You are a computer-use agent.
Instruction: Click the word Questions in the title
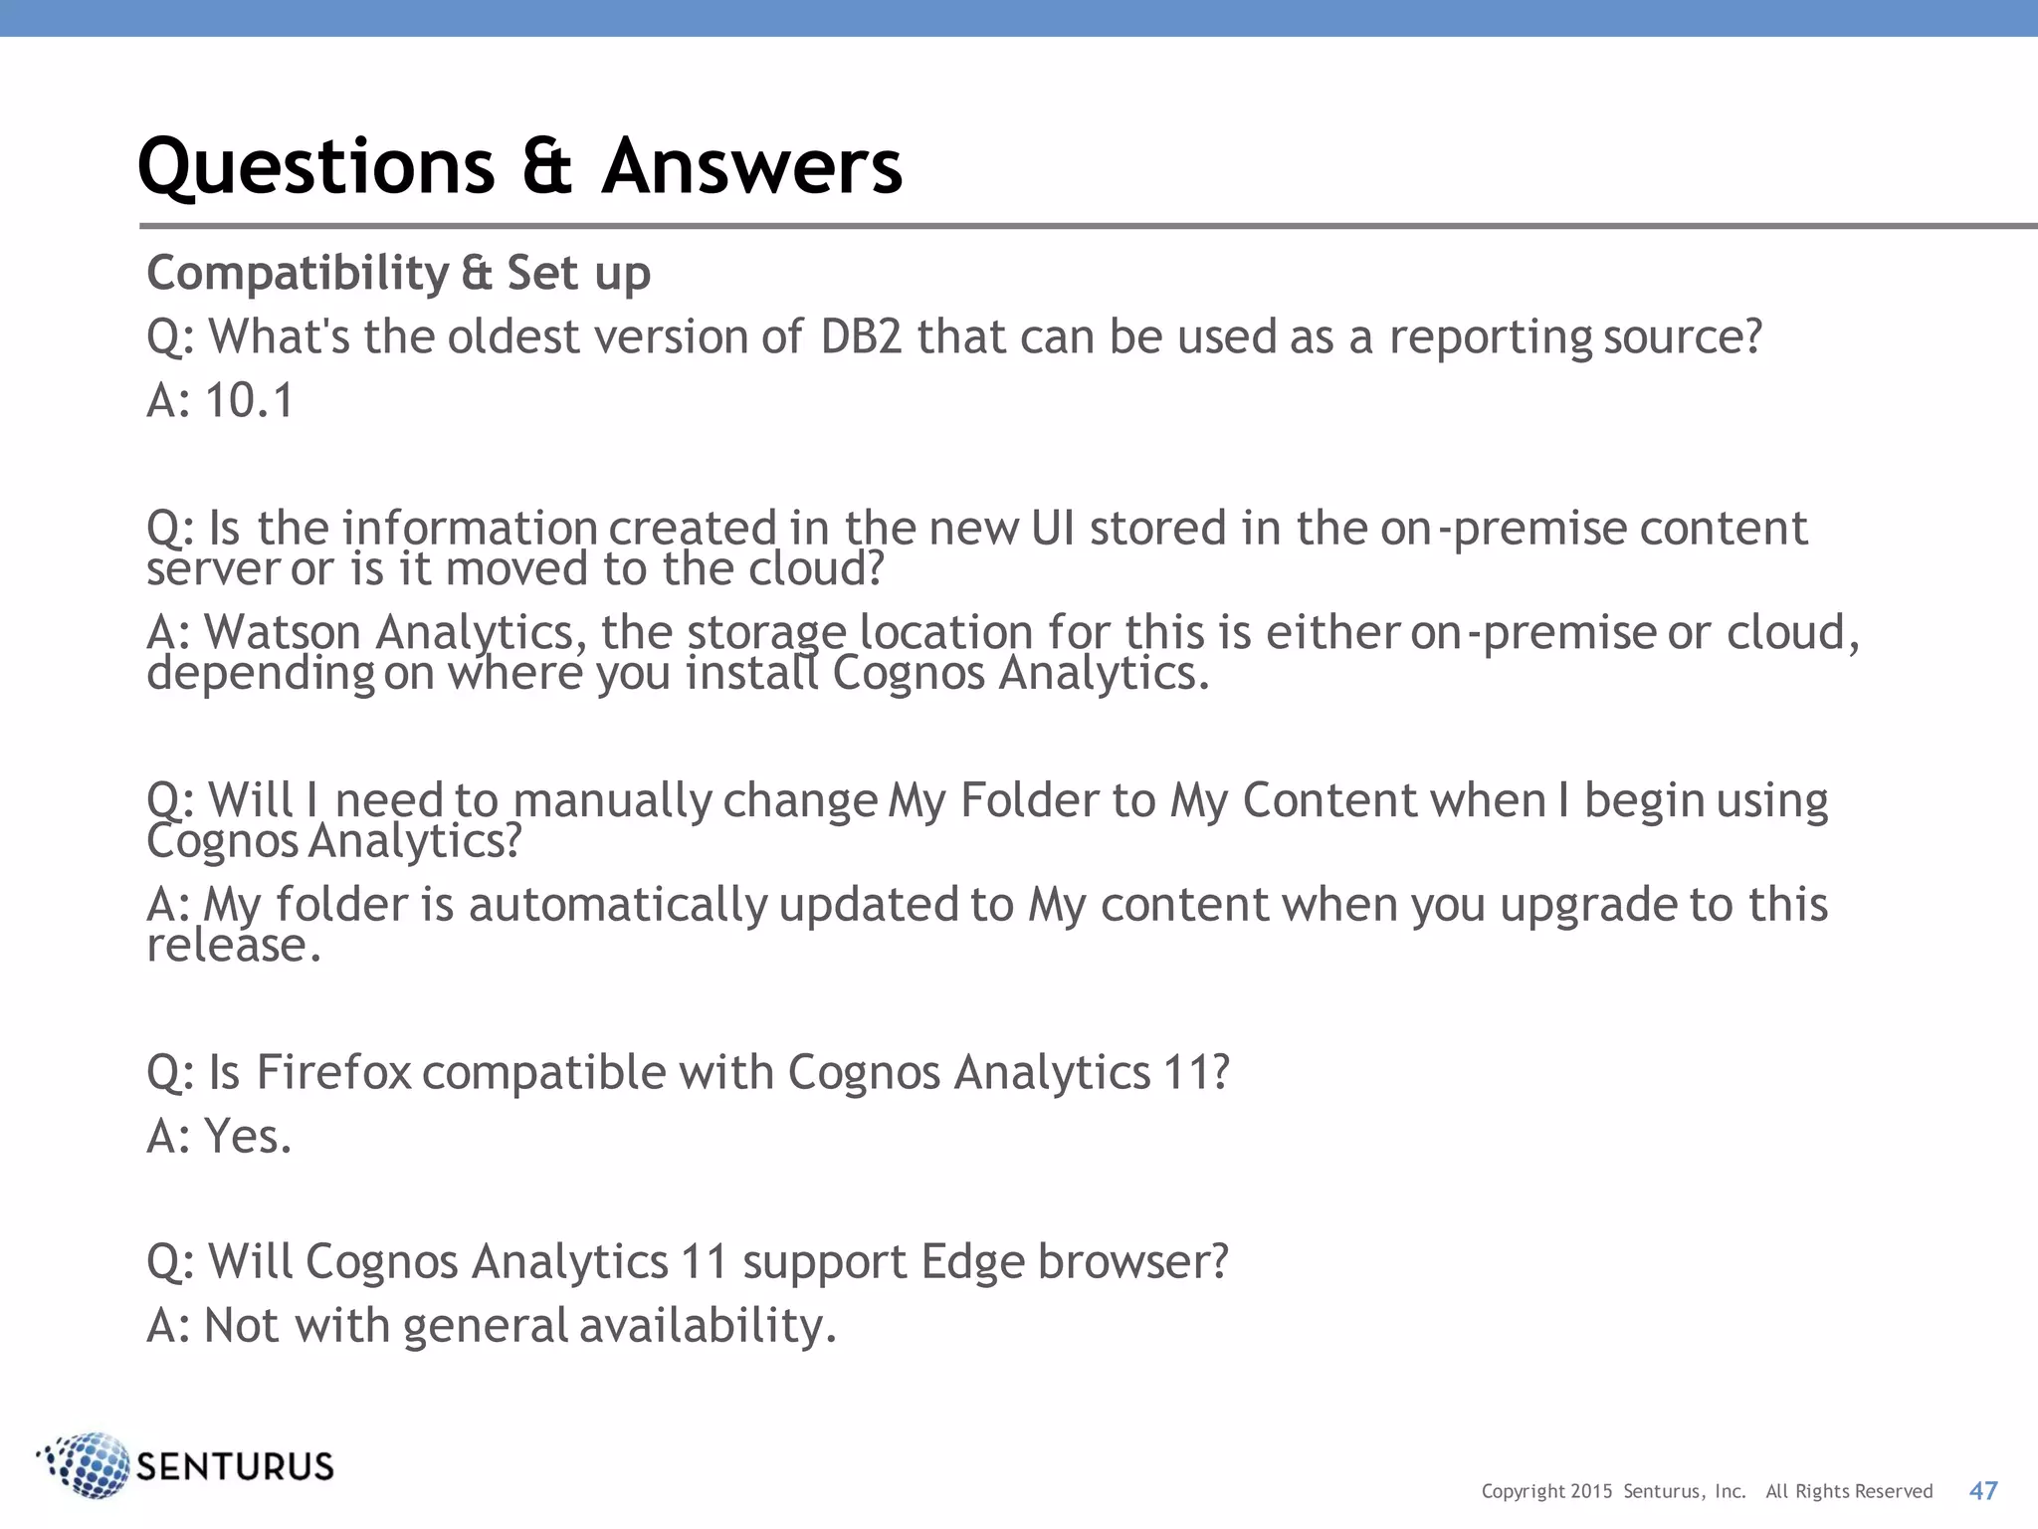[x=315, y=166]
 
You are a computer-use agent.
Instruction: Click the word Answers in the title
[x=751, y=166]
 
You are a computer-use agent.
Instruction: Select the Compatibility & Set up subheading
[x=398, y=274]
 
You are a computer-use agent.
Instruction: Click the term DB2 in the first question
[x=861, y=337]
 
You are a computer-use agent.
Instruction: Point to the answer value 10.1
[x=249, y=401]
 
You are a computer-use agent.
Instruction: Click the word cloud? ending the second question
[x=816, y=569]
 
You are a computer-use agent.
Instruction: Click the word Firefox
[x=333, y=1073]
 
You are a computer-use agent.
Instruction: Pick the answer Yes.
[x=248, y=1137]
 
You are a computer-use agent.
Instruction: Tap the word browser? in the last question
[x=1133, y=1262]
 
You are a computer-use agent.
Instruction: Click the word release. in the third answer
[x=234, y=946]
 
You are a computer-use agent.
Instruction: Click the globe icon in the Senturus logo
[x=87, y=1465]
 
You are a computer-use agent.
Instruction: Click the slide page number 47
[x=1983, y=1490]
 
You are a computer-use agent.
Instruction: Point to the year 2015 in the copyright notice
[x=1591, y=1491]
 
